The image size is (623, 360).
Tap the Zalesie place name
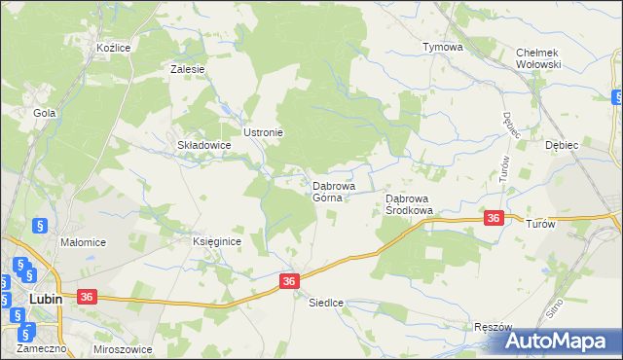pyautogui.click(x=187, y=69)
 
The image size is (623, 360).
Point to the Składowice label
pyautogui.click(x=202, y=145)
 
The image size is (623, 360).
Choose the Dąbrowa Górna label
pyautogui.click(x=333, y=192)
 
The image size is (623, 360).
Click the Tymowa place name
pyautogui.click(x=441, y=47)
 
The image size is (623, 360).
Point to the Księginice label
pyautogui.click(x=216, y=241)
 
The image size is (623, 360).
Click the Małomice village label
pyautogui.click(x=83, y=242)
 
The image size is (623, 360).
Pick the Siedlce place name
pyautogui.click(x=327, y=303)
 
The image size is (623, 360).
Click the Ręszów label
pyautogui.click(x=493, y=328)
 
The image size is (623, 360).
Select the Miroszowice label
pyautogui.click(x=124, y=348)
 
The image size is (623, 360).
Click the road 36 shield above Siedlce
pyautogui.click(x=289, y=280)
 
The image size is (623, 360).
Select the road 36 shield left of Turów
pyautogui.click(x=494, y=219)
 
